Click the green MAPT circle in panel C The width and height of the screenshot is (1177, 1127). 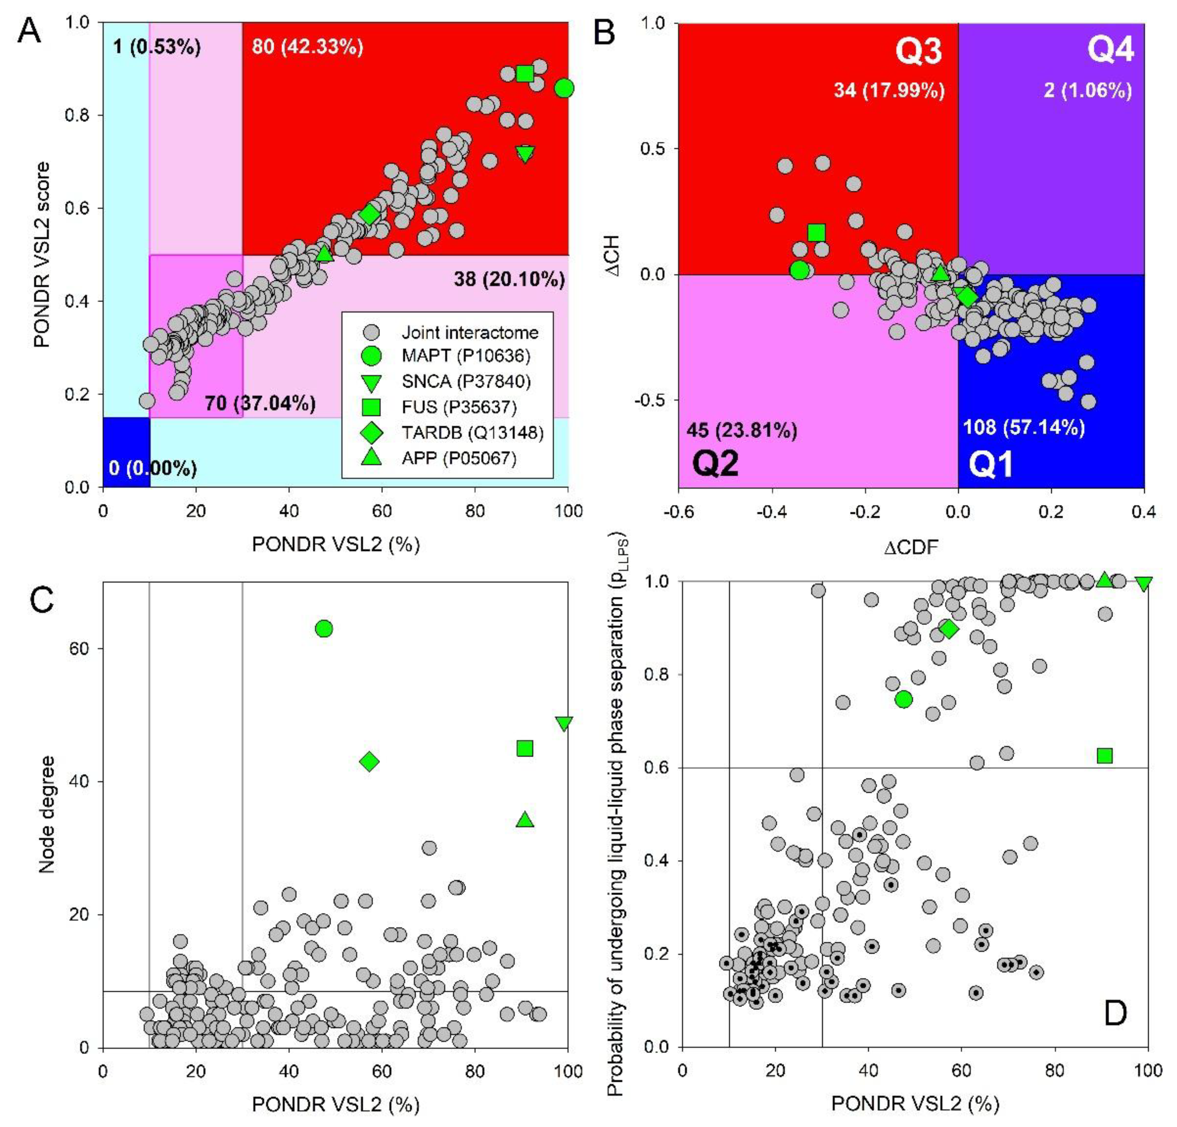324,629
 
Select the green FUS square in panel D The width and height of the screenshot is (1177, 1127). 1104,756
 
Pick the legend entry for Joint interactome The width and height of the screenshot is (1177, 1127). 470,332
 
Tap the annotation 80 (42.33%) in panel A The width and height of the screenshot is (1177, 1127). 307,47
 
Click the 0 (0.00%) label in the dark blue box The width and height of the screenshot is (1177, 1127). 153,468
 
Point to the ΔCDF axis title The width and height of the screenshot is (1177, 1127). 910,547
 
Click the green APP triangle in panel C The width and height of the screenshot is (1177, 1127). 525,820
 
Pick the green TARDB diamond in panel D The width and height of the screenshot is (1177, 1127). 949,629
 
